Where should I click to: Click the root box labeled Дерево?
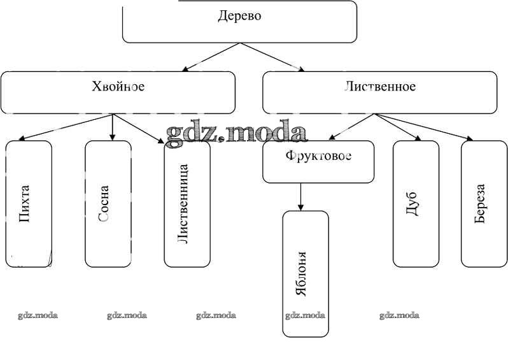[x=239, y=22]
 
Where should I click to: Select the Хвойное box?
[x=118, y=92]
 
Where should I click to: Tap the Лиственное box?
[x=379, y=92]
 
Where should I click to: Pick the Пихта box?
[x=29, y=203]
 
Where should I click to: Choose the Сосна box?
[x=108, y=203]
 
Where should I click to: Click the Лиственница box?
[x=187, y=203]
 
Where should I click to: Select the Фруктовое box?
[x=318, y=161]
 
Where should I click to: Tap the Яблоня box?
[x=306, y=273]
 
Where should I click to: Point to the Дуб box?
[x=416, y=203]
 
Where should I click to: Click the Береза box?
[x=484, y=203]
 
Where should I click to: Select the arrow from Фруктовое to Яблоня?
[x=301, y=197]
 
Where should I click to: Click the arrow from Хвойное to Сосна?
[x=113, y=127]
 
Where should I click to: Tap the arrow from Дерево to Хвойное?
[x=211, y=56]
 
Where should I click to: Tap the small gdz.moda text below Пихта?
[x=38, y=315]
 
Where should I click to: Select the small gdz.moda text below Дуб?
[x=399, y=315]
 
